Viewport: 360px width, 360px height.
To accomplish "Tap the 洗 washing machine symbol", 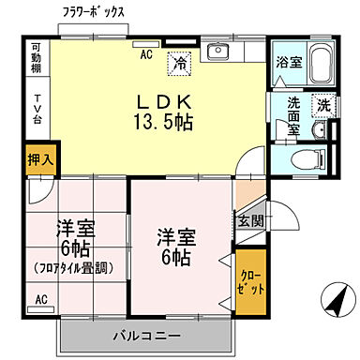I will pyautogui.click(x=321, y=106).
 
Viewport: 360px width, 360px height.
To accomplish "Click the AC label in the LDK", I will pyautogui.click(x=146, y=55).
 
